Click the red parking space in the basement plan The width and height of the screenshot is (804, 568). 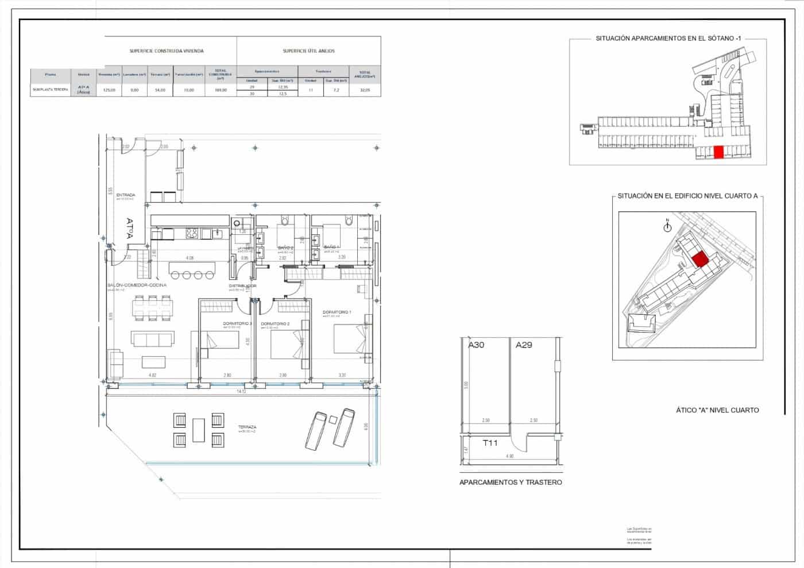(x=718, y=152)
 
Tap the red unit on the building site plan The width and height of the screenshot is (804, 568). (x=699, y=260)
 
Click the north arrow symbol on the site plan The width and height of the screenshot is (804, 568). (x=667, y=227)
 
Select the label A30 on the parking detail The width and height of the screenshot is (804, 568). (x=476, y=345)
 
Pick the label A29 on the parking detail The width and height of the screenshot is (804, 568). (x=524, y=345)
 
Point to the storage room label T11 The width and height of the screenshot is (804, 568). (x=490, y=443)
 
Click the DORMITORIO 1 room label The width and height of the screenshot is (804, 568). (x=337, y=312)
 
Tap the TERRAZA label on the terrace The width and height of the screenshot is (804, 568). (x=247, y=427)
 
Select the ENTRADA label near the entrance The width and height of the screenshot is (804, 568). (x=125, y=195)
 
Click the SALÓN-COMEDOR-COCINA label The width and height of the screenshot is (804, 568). (x=137, y=285)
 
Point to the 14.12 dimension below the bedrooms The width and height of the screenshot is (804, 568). (x=241, y=391)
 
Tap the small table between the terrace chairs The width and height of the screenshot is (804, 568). (x=199, y=430)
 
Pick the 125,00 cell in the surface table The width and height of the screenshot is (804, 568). (x=109, y=90)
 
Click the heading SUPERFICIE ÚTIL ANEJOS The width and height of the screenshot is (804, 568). (x=308, y=51)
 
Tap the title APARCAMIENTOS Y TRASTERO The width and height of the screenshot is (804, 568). (x=511, y=482)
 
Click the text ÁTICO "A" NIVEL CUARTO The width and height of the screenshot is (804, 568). (x=717, y=410)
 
